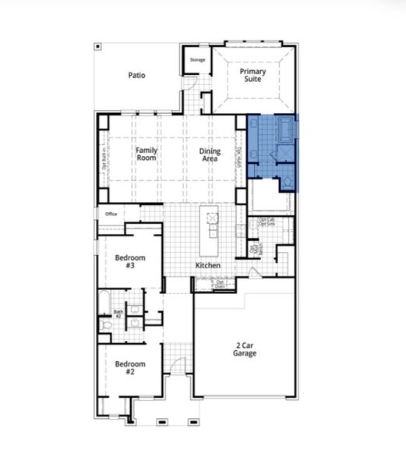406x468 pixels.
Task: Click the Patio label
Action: pos(137,76)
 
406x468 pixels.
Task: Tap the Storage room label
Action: pos(197,58)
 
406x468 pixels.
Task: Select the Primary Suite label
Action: pos(252,76)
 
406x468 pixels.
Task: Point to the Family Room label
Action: pos(146,154)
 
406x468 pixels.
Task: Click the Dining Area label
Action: pos(210,154)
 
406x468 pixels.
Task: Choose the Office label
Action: pos(111,214)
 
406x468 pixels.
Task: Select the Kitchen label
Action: pos(207,267)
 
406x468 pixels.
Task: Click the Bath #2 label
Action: pos(118,314)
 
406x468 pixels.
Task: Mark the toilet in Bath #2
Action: pos(106,323)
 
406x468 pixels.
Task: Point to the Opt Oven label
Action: pos(221,284)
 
